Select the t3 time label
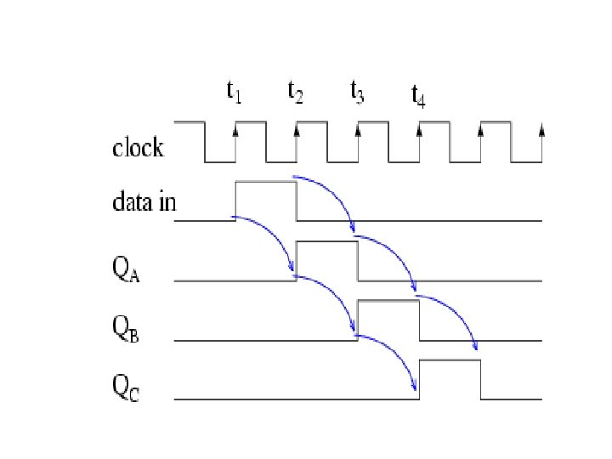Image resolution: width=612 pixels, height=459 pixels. click(x=357, y=92)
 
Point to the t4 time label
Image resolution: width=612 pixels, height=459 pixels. click(x=418, y=97)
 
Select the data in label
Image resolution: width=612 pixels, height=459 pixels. click(x=144, y=204)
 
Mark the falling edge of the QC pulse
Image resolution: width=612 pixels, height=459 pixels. click(x=480, y=380)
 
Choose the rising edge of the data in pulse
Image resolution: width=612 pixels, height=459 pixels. click(x=235, y=201)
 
